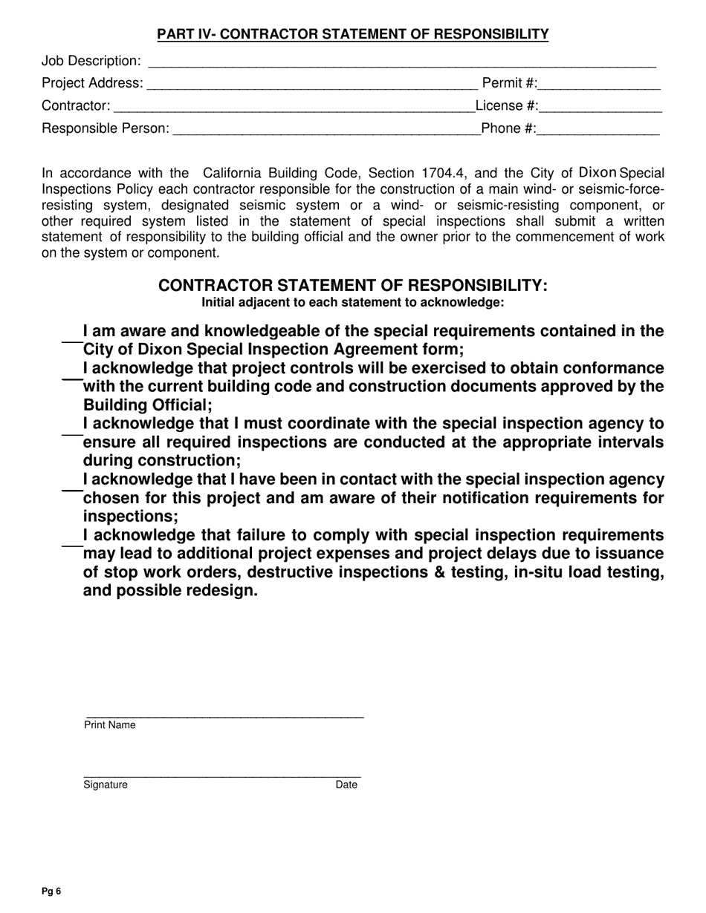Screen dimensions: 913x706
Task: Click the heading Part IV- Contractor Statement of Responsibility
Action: (x=352, y=34)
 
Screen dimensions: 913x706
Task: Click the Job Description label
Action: (x=91, y=61)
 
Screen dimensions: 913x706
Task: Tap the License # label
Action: (x=507, y=106)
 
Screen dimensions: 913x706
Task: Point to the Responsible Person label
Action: (x=105, y=129)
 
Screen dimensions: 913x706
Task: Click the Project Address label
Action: (x=92, y=83)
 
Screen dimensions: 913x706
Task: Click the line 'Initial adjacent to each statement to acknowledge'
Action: (x=352, y=303)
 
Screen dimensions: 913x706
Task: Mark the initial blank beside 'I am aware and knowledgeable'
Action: (x=71, y=341)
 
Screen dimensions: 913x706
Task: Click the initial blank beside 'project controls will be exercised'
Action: (x=71, y=379)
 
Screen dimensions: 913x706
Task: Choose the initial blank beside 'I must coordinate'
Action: (x=71, y=433)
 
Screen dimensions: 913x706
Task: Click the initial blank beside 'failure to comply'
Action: (x=71, y=545)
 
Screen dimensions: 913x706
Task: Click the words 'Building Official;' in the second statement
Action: (x=147, y=405)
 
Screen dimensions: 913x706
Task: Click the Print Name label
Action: (x=110, y=725)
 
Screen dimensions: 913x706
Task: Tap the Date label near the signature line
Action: (x=346, y=785)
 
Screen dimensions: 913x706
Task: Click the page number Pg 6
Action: (x=51, y=891)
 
